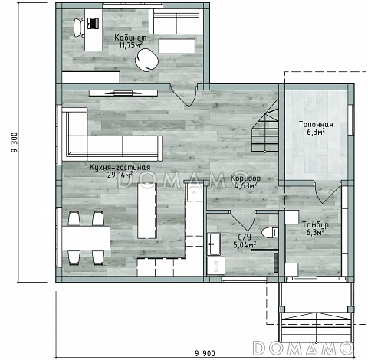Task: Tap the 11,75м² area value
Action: coord(130,45)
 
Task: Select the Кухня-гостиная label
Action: coord(120,168)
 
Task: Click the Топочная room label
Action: coord(316,124)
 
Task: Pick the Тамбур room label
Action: coord(316,225)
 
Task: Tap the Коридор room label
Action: coord(245,178)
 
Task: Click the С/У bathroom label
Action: coord(242,237)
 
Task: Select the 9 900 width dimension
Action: coord(205,353)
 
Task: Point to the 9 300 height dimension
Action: coord(15,142)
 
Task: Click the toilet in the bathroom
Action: coord(270,232)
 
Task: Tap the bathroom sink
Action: coord(214,244)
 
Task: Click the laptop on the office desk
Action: coord(93,23)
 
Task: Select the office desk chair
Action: coord(79,28)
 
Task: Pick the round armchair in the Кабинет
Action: coord(146,60)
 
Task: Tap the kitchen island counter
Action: coord(146,211)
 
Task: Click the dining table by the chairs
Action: coord(86,238)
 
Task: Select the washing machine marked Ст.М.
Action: coord(216,266)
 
